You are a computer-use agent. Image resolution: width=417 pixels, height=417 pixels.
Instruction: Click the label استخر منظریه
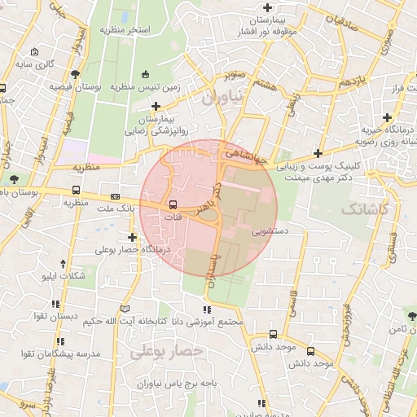(x=125, y=29)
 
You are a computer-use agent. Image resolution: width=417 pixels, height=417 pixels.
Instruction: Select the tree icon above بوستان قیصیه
(x=75, y=74)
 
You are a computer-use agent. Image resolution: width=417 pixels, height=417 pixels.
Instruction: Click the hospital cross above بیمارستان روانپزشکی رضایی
(x=156, y=106)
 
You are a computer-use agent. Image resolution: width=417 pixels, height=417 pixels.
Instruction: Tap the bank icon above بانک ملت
(x=115, y=196)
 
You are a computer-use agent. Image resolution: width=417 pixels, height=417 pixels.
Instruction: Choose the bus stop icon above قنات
(x=173, y=204)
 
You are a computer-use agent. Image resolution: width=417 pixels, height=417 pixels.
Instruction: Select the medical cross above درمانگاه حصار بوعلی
(x=132, y=237)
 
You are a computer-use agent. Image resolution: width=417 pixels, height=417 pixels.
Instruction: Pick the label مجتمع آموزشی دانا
(x=210, y=321)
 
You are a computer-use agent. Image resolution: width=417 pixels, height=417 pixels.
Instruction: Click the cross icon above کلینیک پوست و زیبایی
(x=317, y=153)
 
